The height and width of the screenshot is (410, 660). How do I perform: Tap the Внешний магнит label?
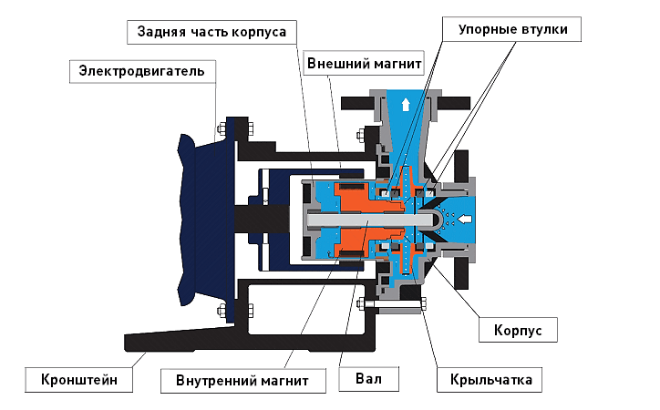(x=365, y=66)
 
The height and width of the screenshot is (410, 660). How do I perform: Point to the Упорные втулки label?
(x=512, y=30)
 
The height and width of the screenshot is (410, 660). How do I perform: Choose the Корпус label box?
(x=517, y=329)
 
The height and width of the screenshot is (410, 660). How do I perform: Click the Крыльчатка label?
(x=490, y=377)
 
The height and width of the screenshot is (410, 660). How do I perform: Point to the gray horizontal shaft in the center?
(x=365, y=220)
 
